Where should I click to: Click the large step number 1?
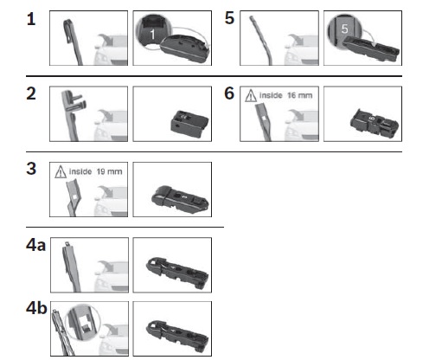coord(31,19)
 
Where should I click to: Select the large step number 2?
coord(31,93)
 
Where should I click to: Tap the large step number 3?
coord(31,169)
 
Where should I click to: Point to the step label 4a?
coord(35,245)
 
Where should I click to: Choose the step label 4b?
coord(36,308)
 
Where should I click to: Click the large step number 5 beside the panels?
coord(229,18)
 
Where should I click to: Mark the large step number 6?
coord(229,93)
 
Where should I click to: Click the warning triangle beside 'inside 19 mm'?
coord(61,171)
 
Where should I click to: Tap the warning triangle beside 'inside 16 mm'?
coord(251,96)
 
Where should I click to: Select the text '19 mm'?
coord(109,171)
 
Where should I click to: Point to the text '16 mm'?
coord(300,95)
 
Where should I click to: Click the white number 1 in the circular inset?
coord(152,35)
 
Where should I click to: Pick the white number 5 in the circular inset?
coord(344,29)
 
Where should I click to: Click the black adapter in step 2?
coord(189,124)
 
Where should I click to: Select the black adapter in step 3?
coord(180,199)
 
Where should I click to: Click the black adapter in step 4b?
coord(177,336)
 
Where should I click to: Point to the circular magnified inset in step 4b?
coord(83,322)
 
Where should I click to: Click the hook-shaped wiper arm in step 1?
coord(72,41)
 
